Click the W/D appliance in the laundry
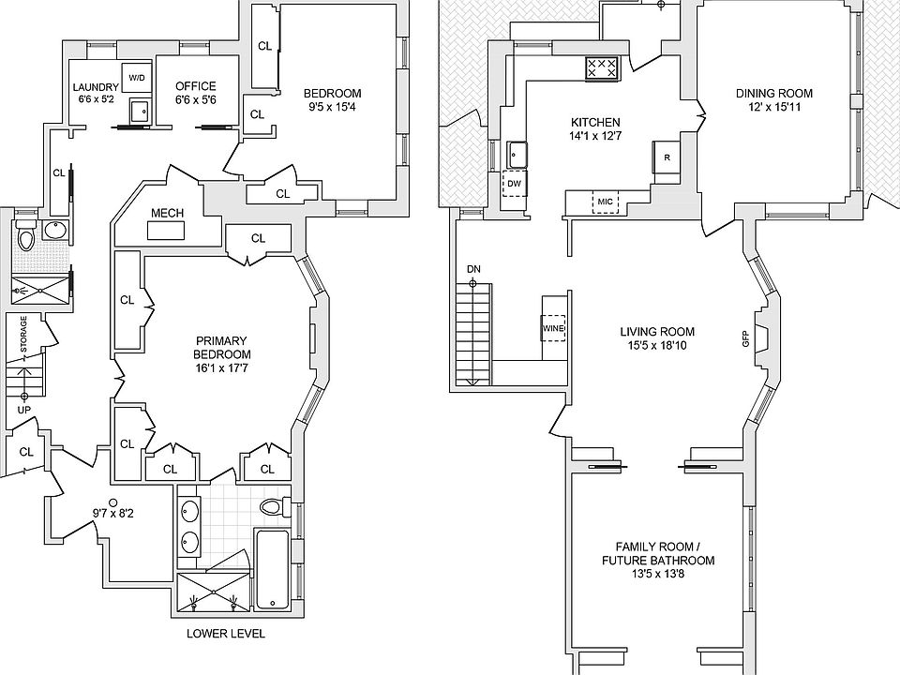pos(137,77)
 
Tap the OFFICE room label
pos(195,86)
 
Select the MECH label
pos(167,215)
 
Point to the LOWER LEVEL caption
pos(225,634)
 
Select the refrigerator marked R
pos(666,158)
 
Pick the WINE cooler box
pos(552,328)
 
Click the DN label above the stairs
pos(473,270)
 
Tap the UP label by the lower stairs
pos(24,410)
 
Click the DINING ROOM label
pos(773,93)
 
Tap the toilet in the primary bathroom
pos(272,508)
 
